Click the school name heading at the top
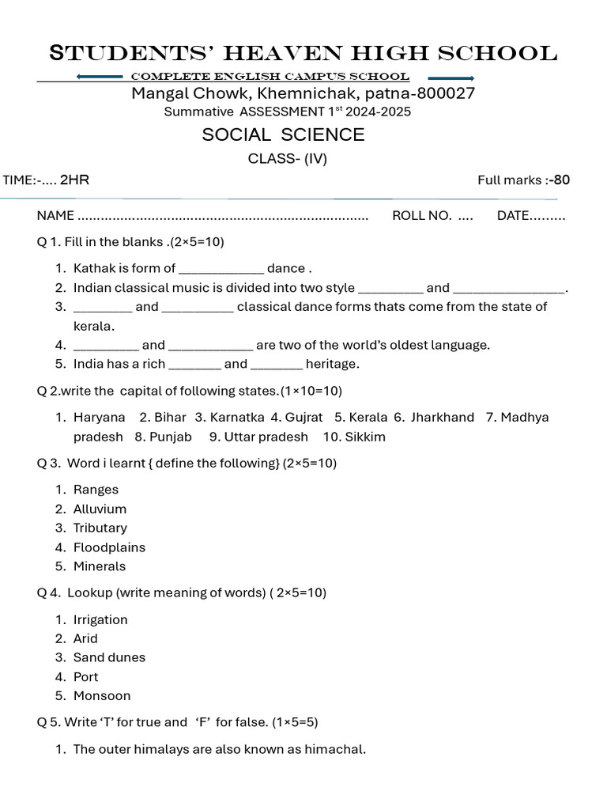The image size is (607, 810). tap(303, 54)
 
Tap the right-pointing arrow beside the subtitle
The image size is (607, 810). tap(451, 78)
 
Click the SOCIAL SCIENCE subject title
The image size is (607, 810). tap(283, 134)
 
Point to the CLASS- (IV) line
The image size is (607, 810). tap(288, 158)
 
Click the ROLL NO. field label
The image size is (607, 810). tap(422, 216)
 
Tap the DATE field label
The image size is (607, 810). tap(513, 216)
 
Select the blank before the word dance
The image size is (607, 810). tap(221, 269)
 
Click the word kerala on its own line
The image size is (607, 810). tap(93, 326)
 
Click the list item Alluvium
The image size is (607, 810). tap(100, 509)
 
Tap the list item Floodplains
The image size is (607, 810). tap(109, 547)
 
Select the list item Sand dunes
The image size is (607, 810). tap(109, 657)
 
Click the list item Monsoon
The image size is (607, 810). tap(102, 696)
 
